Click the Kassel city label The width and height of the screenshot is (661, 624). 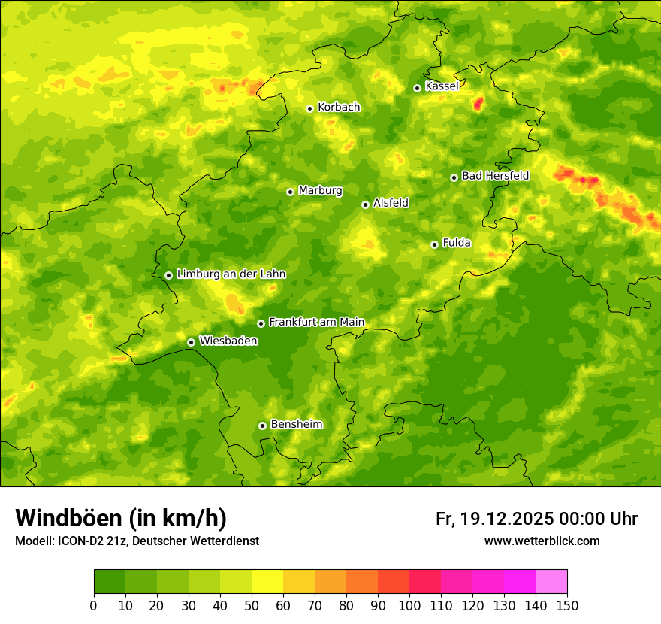click(x=442, y=86)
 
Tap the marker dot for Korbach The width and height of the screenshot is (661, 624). click(x=309, y=108)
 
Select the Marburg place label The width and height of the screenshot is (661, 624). click(x=320, y=191)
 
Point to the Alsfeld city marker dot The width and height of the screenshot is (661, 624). click(x=366, y=204)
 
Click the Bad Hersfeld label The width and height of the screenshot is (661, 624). click(x=495, y=176)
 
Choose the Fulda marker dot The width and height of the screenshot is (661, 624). click(x=434, y=244)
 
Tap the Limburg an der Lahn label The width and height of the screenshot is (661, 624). click(x=231, y=274)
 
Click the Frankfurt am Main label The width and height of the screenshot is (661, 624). click(x=316, y=323)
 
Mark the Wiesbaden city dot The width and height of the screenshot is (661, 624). click(x=191, y=342)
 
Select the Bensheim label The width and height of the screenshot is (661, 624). click(x=296, y=425)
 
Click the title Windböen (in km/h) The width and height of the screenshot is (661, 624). click(x=121, y=518)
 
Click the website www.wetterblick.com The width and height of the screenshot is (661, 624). click(x=542, y=541)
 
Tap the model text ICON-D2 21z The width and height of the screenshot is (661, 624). click(x=89, y=541)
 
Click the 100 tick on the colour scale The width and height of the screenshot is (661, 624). click(x=409, y=606)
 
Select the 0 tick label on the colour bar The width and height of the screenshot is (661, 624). click(x=94, y=606)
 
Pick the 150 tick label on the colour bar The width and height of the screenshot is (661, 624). click(x=566, y=606)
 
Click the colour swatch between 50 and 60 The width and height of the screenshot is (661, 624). click(x=267, y=582)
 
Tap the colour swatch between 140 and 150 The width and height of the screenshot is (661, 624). click(x=551, y=582)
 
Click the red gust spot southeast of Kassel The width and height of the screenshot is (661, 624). click(x=478, y=104)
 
